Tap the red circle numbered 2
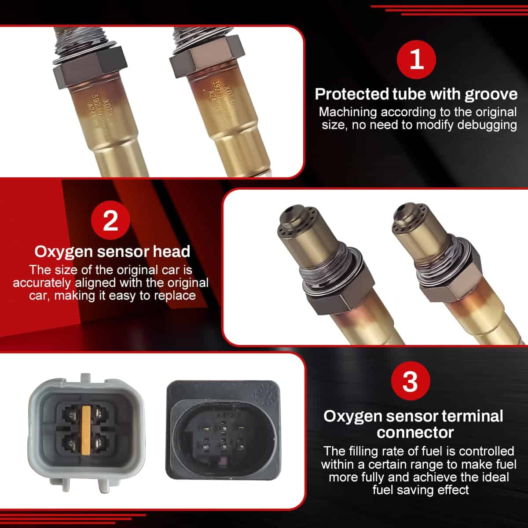tap(110, 220)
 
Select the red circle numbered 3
tap(410, 381)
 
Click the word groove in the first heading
tap(491, 94)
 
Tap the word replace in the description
tap(175, 295)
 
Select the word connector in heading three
tap(415, 433)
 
